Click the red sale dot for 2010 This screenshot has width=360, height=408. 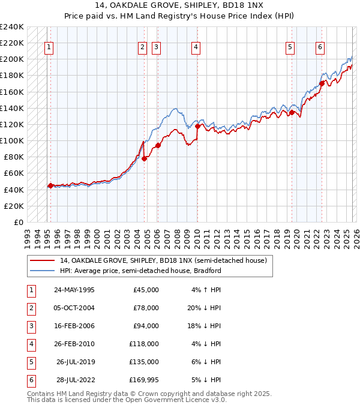[x=198, y=126]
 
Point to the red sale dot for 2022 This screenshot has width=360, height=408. [x=322, y=83]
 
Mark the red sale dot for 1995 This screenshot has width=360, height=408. [x=50, y=185]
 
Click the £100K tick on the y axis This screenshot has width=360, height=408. [x=12, y=140]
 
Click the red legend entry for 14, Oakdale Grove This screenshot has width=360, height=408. [x=166, y=260]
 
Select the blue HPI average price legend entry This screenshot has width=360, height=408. [x=140, y=271]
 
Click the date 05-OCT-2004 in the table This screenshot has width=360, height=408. [x=74, y=308]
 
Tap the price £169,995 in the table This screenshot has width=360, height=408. [x=143, y=380]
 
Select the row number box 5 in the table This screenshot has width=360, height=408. [x=30, y=362]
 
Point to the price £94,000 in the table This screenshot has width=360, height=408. [x=146, y=326]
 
